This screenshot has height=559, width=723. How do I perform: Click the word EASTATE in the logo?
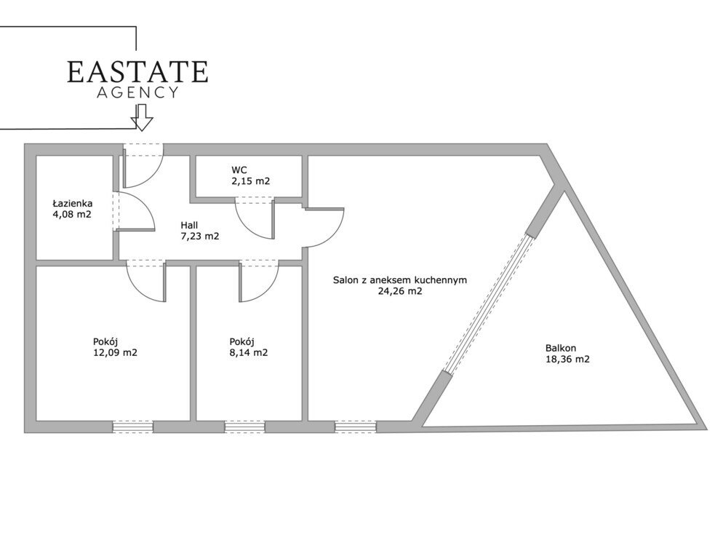[137, 72]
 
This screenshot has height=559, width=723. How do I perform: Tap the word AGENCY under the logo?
[137, 92]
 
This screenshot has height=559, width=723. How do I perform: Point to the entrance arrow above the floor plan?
[142, 117]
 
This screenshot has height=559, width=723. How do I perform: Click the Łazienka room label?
[73, 203]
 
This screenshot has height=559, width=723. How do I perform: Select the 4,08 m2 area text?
[73, 214]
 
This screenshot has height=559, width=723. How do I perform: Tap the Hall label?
[189, 225]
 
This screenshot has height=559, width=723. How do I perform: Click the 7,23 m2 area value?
[199, 237]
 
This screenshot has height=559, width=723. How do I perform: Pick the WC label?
[239, 170]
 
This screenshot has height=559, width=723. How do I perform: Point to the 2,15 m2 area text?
[250, 181]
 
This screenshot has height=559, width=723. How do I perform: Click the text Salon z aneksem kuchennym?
[400, 280]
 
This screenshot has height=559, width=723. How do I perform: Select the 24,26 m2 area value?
[400, 291]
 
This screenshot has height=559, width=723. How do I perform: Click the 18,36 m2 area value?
[567, 359]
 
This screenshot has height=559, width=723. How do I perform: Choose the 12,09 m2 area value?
[115, 353]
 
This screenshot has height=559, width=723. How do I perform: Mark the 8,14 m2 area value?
[249, 353]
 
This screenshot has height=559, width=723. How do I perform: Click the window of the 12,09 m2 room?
[133, 427]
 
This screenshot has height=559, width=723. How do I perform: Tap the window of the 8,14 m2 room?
[245, 427]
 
